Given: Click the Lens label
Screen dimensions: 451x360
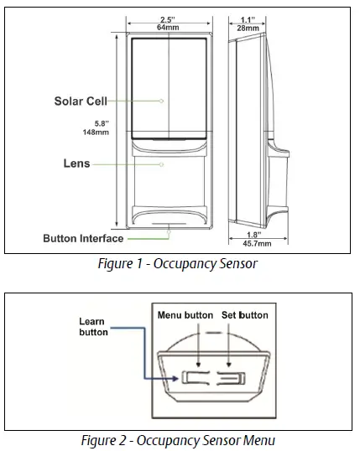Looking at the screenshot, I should coord(76,164).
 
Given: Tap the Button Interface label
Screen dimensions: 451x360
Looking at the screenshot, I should coord(83,238).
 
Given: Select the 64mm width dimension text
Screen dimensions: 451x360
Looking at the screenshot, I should coord(168,28).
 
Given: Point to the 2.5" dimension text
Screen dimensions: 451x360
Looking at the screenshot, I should coord(168,18).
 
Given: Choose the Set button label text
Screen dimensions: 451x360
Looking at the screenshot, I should coord(244,315).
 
